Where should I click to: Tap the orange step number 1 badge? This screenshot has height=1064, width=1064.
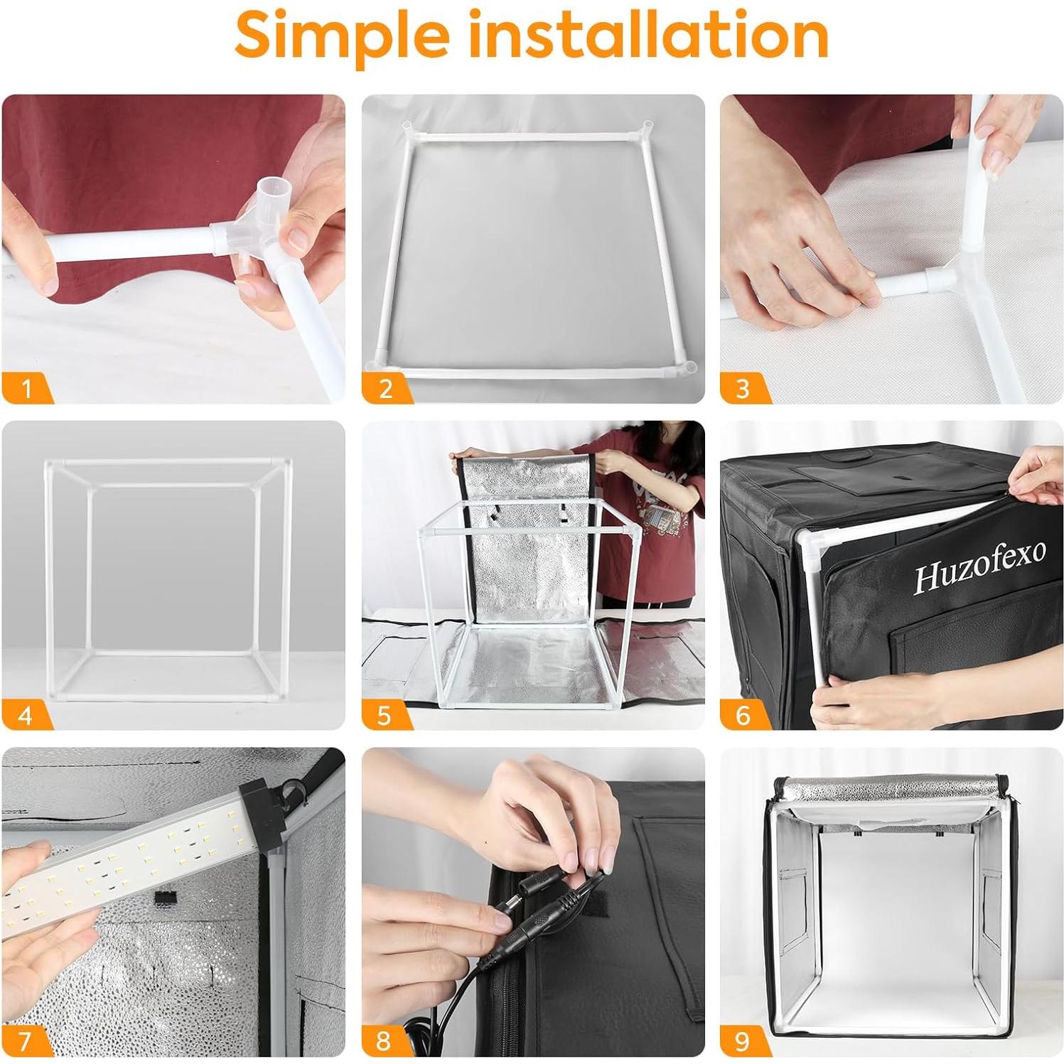click(x=26, y=388)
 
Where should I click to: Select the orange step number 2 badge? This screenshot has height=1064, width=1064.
click(x=386, y=388)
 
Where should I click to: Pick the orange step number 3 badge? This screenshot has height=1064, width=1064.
click(x=743, y=388)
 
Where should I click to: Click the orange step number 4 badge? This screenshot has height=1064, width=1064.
click(x=26, y=714)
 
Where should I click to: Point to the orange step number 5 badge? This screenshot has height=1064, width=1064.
click(x=385, y=714)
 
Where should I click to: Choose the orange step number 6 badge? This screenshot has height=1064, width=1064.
click(x=743, y=714)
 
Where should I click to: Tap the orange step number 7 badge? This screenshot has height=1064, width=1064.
click(x=26, y=1041)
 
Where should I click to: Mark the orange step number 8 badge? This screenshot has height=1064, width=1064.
click(x=384, y=1041)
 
